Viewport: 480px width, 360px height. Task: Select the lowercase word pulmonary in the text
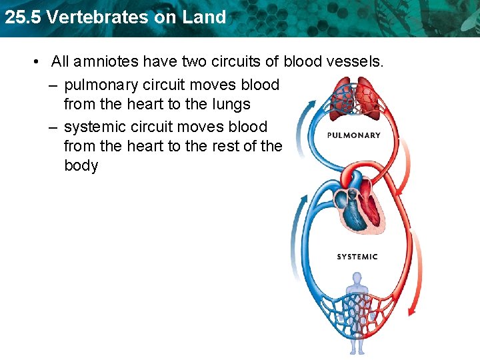point(101,85)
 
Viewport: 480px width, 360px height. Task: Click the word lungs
point(229,105)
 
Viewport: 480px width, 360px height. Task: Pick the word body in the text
point(81,165)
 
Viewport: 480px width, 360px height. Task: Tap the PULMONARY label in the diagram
point(354,135)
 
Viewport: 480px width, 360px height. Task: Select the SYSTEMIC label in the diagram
point(357,257)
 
